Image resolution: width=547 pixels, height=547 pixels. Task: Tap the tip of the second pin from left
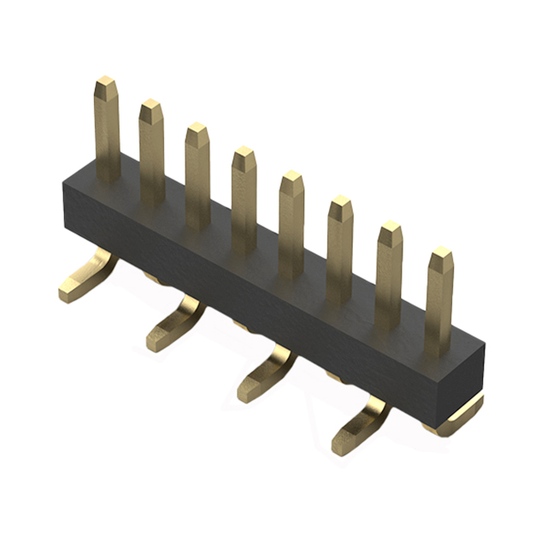[151, 107]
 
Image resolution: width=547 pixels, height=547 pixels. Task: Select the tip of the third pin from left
[197, 131]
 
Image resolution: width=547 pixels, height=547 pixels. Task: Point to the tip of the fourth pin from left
[244, 154]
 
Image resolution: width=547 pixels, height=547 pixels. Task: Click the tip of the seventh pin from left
[390, 228]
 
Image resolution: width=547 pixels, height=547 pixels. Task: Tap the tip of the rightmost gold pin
[441, 254]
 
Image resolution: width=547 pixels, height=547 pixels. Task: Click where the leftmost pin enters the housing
[108, 175]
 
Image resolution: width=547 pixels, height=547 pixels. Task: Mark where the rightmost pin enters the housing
[438, 349]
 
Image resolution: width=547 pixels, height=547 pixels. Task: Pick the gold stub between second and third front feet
[242, 326]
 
